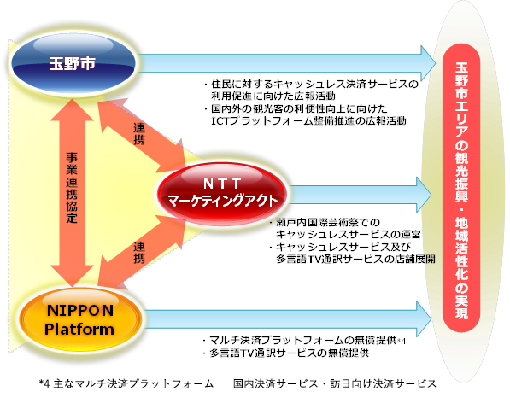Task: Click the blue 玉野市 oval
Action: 73,63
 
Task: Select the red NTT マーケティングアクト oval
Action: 222,194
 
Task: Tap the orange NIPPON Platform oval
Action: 80,319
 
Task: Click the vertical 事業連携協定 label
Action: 72,188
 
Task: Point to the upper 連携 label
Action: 139,134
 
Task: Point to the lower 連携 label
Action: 139,252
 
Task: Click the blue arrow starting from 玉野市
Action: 287,63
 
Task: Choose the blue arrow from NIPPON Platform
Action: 287,319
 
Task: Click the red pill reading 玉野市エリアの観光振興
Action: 461,188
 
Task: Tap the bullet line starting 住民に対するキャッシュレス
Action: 311,85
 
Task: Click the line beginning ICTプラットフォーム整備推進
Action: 308,121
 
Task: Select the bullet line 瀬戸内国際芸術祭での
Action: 325,222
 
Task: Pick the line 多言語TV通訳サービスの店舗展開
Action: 355,259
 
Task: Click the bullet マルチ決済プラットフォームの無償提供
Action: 304,341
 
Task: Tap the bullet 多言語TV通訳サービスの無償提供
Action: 285,353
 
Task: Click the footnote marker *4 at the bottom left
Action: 44,384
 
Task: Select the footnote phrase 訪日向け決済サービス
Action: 384,384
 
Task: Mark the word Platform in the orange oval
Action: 79,329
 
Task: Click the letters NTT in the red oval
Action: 222,184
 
